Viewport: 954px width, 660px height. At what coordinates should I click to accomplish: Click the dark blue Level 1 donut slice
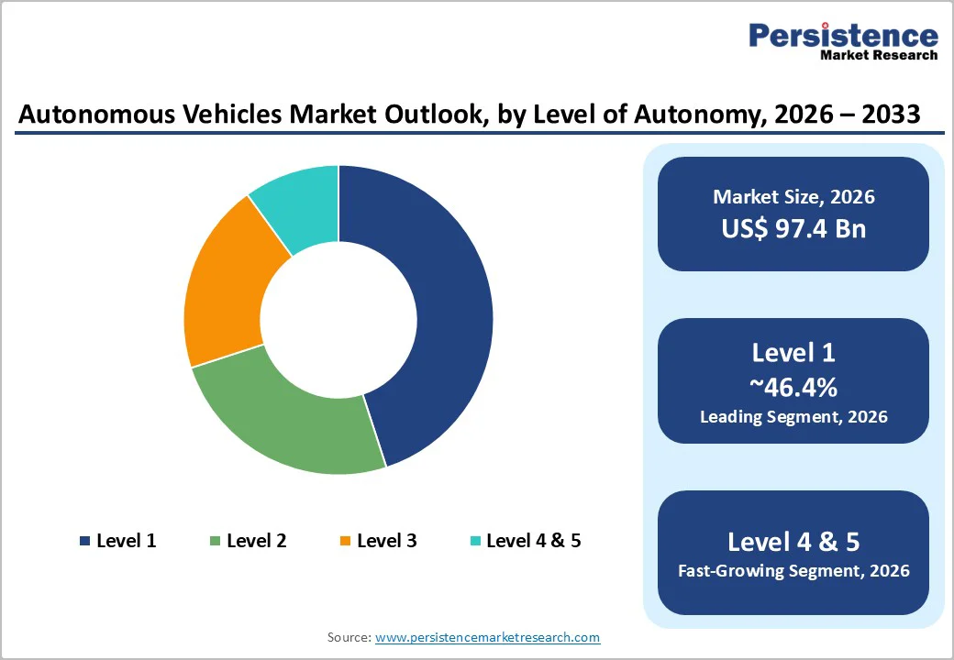click(x=440, y=302)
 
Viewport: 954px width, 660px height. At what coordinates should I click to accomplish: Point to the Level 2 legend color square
click(x=216, y=541)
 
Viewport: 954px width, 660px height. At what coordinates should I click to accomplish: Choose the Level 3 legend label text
click(x=386, y=541)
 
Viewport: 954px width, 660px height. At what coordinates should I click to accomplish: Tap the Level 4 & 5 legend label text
click(x=533, y=541)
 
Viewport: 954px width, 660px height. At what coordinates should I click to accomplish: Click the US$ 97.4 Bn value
click(x=793, y=227)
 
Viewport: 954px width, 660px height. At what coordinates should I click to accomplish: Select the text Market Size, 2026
click(x=793, y=197)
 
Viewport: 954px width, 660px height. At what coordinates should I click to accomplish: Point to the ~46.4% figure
click(x=793, y=387)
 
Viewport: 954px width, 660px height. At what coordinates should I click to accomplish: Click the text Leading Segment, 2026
click(x=793, y=417)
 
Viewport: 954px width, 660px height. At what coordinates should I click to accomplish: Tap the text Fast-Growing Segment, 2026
click(x=793, y=571)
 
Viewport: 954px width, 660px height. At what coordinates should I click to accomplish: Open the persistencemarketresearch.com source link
click(x=487, y=637)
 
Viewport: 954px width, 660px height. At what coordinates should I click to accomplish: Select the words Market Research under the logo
click(x=879, y=56)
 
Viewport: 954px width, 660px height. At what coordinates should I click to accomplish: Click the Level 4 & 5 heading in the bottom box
click(x=793, y=541)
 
